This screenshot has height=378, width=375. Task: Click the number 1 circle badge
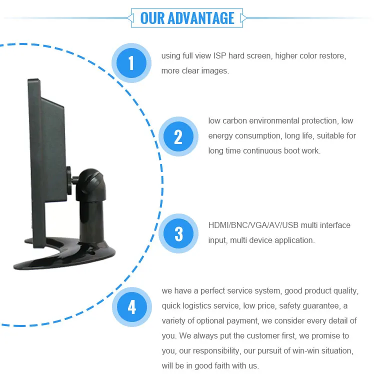pos(131,63)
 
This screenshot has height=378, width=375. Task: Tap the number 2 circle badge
pos(178,136)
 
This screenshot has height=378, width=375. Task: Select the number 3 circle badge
pos(178,233)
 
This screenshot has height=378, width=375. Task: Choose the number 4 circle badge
pos(131,306)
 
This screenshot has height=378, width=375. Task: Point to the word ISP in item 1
pos(220,55)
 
